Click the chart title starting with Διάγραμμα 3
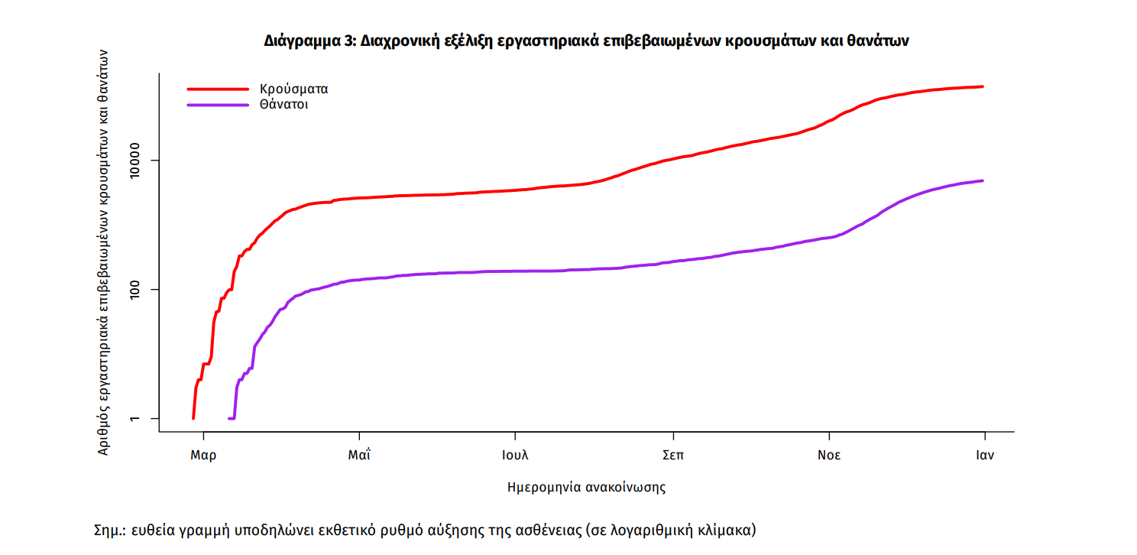[586, 41]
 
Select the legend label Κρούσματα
[293, 89]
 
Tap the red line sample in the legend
[218, 89]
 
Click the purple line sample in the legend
[218, 105]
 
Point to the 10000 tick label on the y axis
[143, 161]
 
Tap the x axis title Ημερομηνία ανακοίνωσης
[586, 487]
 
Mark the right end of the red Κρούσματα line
[983, 86]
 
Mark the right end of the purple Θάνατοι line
[983, 180]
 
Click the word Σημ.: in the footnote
[109, 529]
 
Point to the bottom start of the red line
[193, 418]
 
